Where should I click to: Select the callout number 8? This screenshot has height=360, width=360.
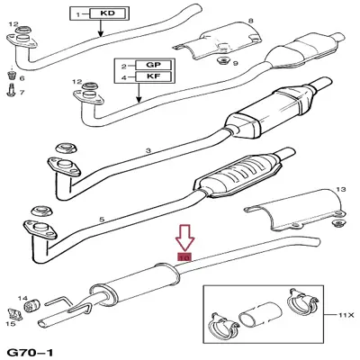coord(250,20)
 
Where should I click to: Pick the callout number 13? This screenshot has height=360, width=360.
coord(340,190)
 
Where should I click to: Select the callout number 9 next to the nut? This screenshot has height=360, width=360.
coord(234,63)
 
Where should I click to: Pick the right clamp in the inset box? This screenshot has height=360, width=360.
coord(300,306)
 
